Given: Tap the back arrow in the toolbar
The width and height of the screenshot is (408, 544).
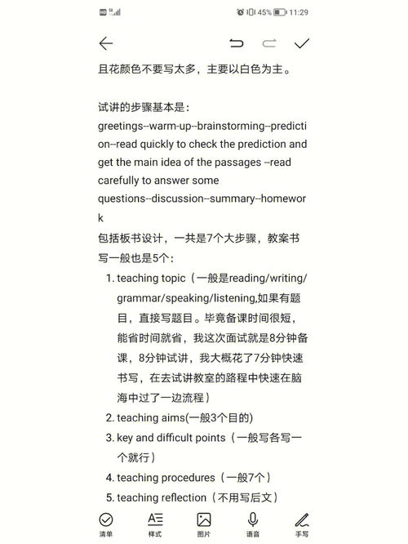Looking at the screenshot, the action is coord(105,43).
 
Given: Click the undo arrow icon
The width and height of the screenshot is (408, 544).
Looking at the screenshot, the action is coord(237,43).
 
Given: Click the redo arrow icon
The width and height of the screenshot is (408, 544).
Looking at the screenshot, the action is coord(269,43).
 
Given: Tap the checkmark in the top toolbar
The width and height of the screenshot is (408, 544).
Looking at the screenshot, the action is coord(302,43).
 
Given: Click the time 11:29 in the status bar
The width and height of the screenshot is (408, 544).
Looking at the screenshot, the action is coord(298,12).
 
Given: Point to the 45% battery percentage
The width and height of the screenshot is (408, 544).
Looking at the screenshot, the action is coord(265,12).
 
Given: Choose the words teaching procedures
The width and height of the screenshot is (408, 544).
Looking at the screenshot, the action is coord(168,477).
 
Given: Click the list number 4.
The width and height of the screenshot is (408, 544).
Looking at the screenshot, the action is coord(109,477).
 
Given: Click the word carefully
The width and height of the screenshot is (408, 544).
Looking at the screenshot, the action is coord(123,181).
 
